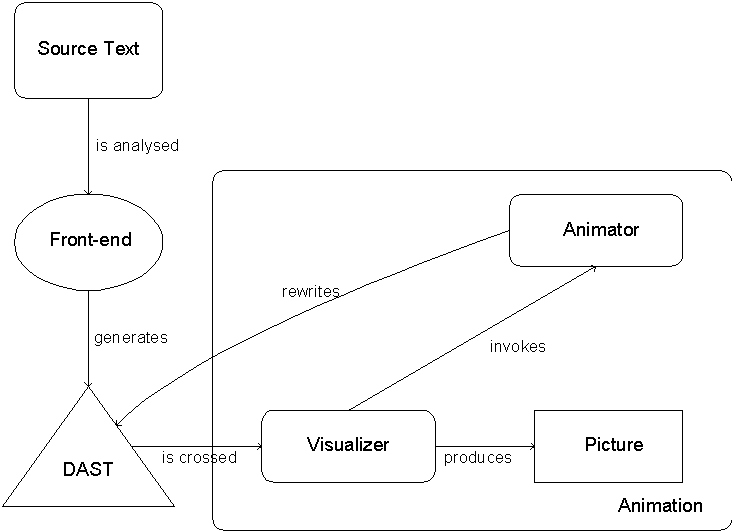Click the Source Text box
coord(88,50)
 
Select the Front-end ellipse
coord(90,240)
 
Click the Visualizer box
coord(348,445)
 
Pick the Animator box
coord(596,230)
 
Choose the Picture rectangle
coord(608,445)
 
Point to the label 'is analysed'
coord(137,146)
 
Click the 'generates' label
coord(131,338)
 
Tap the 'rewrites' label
coord(311,292)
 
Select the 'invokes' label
coord(518,347)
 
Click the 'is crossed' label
coord(199,458)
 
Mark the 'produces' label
coord(478,458)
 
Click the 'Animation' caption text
coord(660,505)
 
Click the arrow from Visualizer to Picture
coord(485,446)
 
